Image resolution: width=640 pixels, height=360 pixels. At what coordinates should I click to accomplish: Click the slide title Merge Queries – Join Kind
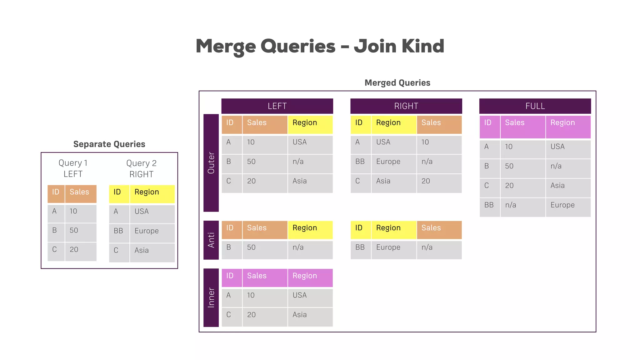coord(320,46)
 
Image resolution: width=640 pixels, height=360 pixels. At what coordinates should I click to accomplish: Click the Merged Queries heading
coord(397,83)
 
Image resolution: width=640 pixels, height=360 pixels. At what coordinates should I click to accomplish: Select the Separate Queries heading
coord(109,144)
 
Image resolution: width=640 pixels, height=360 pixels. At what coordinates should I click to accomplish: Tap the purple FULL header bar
coord(535,106)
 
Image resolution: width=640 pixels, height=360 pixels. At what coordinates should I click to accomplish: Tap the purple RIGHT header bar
coord(406,106)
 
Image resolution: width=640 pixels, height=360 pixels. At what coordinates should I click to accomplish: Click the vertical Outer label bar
coord(211,163)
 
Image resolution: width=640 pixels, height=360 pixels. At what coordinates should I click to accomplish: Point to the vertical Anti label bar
coord(211,240)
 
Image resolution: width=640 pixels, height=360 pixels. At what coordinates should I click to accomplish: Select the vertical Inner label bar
coord(211,297)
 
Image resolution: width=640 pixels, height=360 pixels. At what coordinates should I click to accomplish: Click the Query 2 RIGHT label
coord(141,169)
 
